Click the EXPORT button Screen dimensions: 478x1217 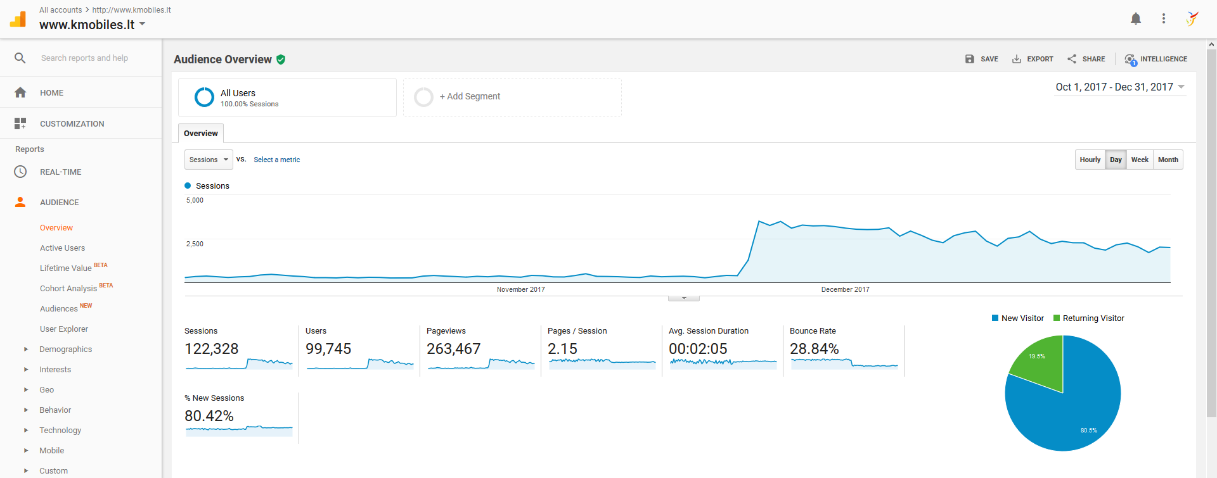(1033, 59)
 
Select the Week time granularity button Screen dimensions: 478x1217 (1140, 160)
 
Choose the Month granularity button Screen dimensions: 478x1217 (1168, 160)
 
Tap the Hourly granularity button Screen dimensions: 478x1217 (1090, 160)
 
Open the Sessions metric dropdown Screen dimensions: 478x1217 (209, 160)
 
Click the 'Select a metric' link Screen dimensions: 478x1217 (277, 160)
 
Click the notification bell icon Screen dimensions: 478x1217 (1135, 18)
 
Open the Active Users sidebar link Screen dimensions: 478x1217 (62, 248)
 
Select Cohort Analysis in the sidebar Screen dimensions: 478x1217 (68, 289)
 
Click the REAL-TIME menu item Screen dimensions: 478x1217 (60, 172)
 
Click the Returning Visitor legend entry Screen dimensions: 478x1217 (1088, 318)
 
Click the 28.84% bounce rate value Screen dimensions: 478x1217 (814, 349)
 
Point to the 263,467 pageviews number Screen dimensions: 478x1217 (453, 349)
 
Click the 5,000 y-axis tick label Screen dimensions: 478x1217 (195, 200)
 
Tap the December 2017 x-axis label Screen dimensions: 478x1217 (845, 289)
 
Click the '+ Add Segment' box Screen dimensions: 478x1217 (512, 97)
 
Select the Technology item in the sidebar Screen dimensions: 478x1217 (60, 431)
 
